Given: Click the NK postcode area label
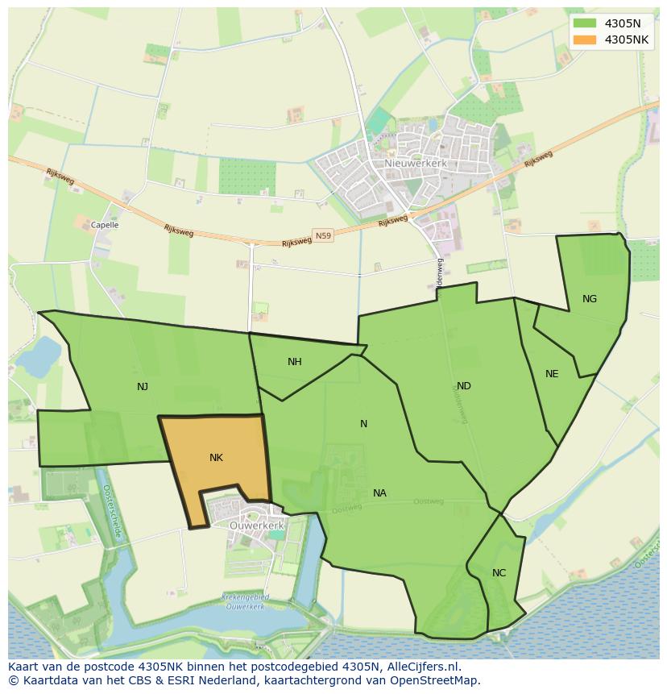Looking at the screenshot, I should click(216, 458).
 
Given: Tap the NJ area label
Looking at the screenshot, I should click(143, 387).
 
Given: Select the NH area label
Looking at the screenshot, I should click(295, 362).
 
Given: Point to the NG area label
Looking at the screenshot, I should click(590, 299).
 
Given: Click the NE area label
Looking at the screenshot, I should click(552, 374).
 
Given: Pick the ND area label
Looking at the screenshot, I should click(464, 386).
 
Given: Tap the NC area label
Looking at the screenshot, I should click(499, 573).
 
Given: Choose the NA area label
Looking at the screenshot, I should click(379, 493).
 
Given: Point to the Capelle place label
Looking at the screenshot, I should click(105, 226).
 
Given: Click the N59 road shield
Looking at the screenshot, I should click(323, 236).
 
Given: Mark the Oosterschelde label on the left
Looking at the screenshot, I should click(112, 511).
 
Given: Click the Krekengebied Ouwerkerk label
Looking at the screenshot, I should click(245, 602).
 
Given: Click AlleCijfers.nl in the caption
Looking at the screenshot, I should click(421, 667).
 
